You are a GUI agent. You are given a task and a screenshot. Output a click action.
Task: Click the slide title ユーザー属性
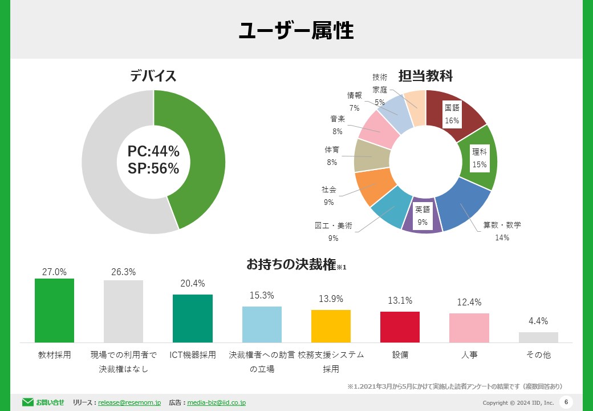point(296,30)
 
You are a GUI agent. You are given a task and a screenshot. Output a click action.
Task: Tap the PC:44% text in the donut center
point(153,151)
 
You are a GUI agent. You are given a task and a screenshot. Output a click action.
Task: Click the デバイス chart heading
point(153,76)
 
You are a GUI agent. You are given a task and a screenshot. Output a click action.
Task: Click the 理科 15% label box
point(480,158)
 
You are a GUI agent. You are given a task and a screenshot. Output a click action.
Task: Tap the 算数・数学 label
point(502,225)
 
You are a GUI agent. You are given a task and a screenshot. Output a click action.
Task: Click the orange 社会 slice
point(372,186)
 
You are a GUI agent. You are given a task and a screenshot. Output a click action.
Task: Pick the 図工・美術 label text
point(334,225)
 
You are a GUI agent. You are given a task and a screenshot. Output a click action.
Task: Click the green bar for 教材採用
point(54,311)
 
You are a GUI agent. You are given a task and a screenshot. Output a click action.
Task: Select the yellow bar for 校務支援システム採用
point(331,326)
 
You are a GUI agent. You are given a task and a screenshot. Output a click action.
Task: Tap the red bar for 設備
point(400,327)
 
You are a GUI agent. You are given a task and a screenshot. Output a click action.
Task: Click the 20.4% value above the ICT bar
point(193,283)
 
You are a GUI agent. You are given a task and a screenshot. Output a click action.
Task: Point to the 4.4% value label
point(538,321)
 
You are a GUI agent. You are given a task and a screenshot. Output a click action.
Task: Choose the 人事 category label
point(469,354)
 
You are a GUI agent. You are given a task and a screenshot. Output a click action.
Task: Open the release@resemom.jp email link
point(129,402)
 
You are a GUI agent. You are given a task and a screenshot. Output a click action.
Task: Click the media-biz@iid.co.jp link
point(216,402)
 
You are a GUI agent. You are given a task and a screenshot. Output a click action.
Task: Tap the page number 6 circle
point(566,402)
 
